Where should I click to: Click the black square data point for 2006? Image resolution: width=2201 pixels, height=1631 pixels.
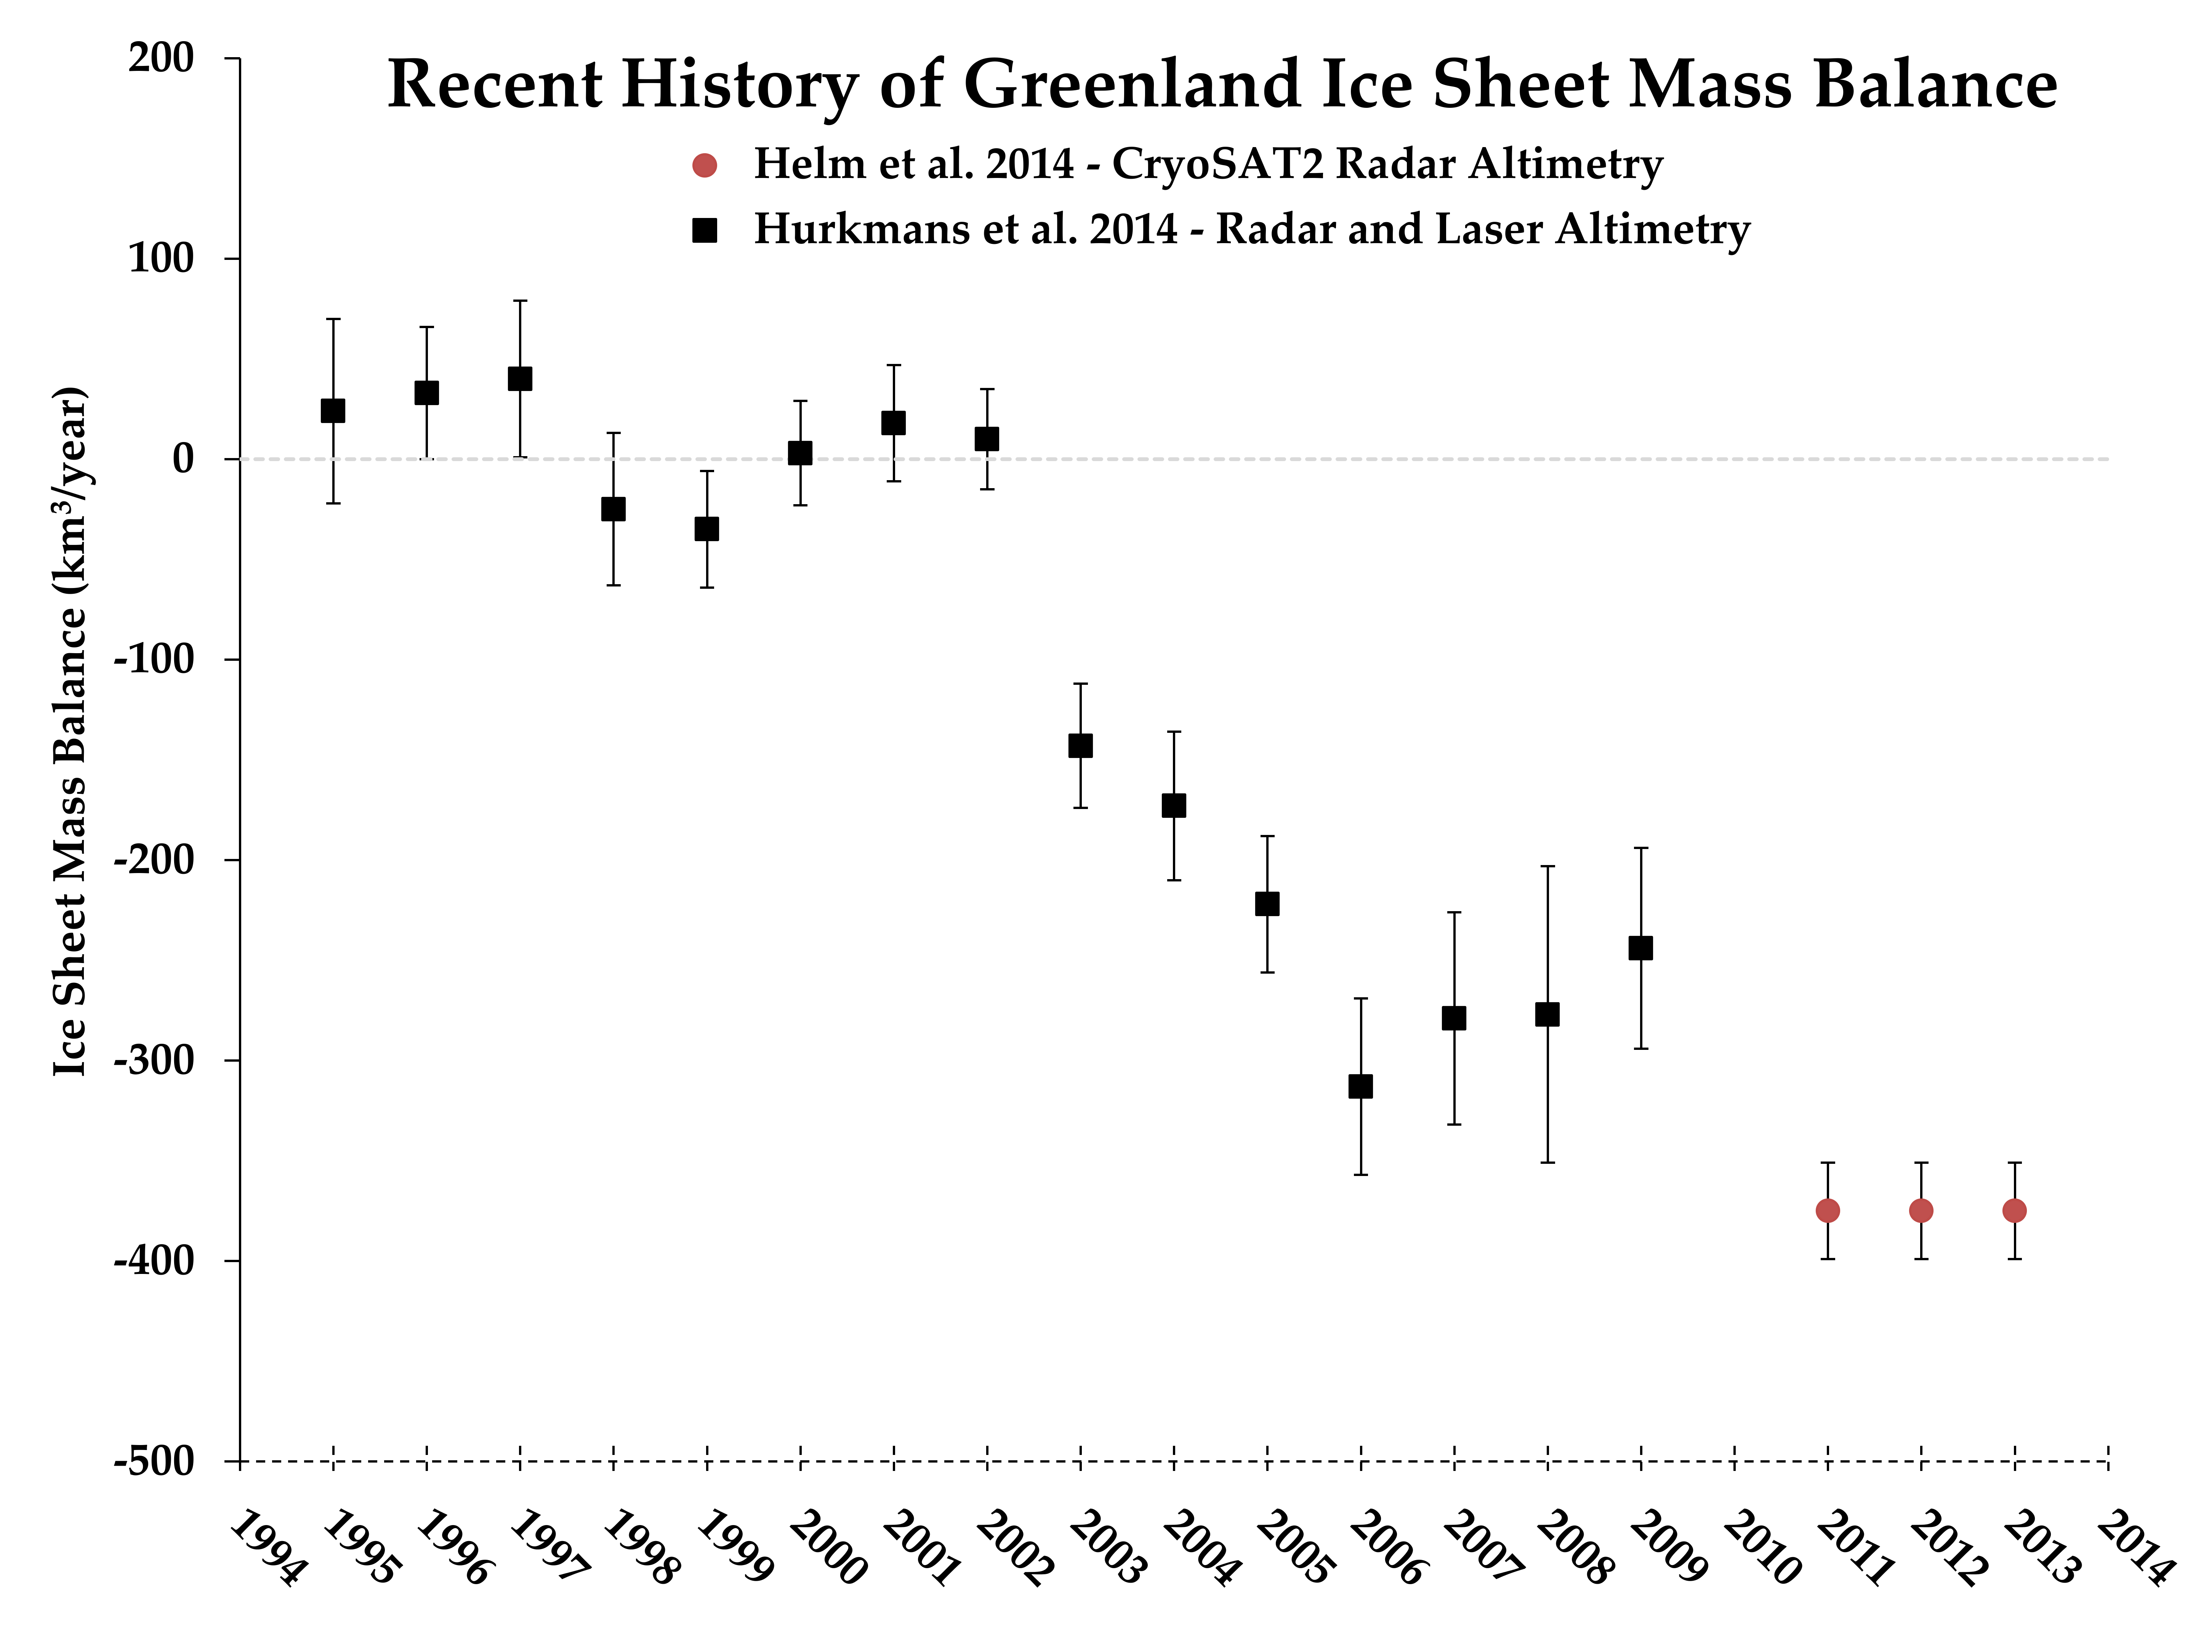point(1360,1086)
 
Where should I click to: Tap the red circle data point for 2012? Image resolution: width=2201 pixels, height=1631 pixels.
point(1921,1210)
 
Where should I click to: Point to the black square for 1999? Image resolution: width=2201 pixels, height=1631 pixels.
point(707,529)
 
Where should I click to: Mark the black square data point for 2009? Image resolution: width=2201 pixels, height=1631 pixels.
point(1640,948)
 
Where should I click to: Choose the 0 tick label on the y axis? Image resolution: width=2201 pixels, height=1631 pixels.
point(184,459)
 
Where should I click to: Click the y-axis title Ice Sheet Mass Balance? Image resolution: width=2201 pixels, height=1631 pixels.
point(71,731)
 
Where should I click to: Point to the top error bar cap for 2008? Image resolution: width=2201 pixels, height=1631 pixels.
point(1547,866)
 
